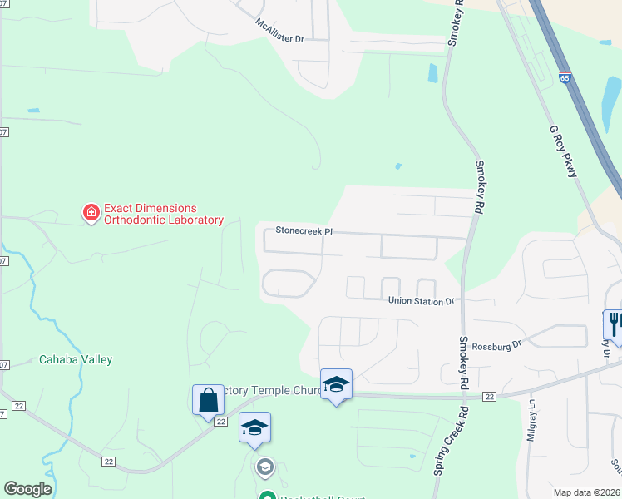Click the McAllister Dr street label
(279, 30)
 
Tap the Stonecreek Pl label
(304, 230)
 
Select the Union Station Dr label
(422, 301)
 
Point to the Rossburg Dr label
(496, 344)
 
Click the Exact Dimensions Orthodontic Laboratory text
(151, 215)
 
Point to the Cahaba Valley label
(76, 360)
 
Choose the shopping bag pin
(208, 399)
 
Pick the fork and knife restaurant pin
(614, 324)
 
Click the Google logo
(27, 489)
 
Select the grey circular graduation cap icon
(264, 466)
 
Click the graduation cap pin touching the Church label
(336, 384)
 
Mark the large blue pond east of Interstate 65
(612, 99)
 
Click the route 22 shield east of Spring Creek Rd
(489, 397)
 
